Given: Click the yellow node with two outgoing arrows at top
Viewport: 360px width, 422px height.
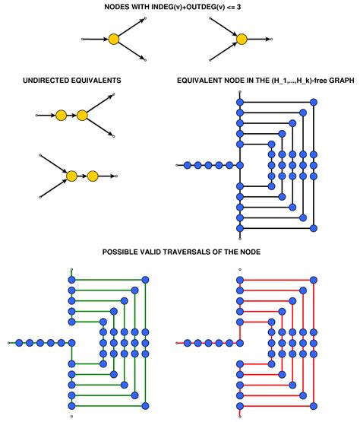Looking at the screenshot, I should coord(113,39).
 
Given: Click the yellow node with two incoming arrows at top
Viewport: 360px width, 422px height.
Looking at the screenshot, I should coord(242,39).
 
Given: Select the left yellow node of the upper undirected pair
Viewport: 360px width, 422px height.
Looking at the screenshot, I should coord(61,116).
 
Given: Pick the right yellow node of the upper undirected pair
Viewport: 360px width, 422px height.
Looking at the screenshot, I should coord(82,116).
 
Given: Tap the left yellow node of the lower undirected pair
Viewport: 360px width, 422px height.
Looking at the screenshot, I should coord(71,176).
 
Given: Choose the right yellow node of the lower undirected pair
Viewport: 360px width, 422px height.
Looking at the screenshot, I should coord(93,176).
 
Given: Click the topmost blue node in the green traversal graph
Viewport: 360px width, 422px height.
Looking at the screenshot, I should coord(71,280).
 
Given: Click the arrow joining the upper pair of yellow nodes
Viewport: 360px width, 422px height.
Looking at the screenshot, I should coord(71,116).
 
